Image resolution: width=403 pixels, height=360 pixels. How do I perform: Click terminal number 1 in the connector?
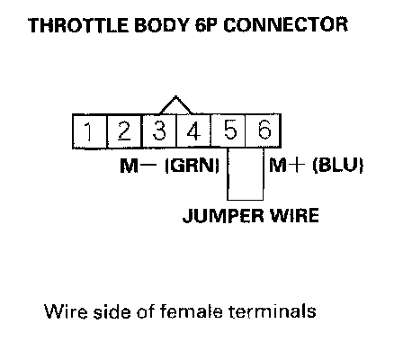90,131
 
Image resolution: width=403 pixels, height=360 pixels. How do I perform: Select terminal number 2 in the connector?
124,131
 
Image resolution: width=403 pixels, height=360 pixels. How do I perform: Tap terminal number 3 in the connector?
159,131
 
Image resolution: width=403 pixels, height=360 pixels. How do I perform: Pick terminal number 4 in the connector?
193,131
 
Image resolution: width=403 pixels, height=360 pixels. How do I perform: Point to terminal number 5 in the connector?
228,131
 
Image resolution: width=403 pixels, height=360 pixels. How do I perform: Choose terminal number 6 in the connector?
264,131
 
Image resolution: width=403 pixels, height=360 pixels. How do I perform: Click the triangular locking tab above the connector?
175,105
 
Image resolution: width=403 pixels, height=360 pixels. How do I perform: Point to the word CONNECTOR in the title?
286,25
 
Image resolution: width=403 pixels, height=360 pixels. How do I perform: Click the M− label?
139,166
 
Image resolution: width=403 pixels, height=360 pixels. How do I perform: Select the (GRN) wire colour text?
193,166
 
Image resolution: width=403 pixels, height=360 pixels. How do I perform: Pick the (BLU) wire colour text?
338,166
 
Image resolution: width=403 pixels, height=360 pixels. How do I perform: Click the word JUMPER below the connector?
224,215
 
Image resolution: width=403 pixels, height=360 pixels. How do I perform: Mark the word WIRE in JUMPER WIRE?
294,215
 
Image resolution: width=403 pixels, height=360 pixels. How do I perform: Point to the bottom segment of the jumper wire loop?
246,199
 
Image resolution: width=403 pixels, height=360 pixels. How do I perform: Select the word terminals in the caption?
272,311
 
